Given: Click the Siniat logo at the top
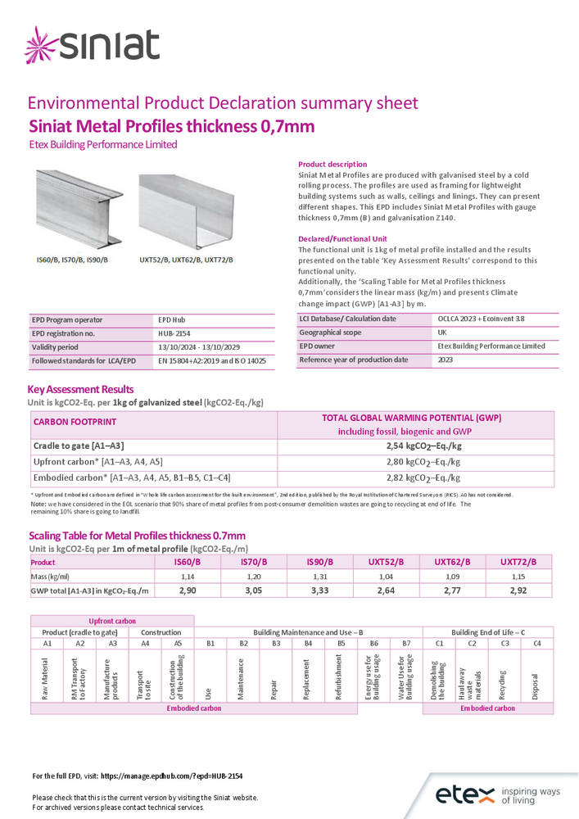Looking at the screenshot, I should [92, 46].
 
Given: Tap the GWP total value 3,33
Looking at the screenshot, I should [322, 590].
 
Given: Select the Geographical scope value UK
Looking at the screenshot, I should [443, 333].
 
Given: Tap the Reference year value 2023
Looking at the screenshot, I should [446, 360].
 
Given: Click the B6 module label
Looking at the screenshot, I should [373, 644].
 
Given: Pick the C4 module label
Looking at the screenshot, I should [536, 644].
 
